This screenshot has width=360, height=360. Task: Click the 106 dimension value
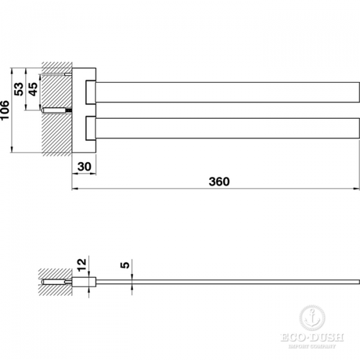click(x=5, y=110)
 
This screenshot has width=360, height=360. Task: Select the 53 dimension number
click(x=19, y=89)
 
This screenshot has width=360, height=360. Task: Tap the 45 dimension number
click(x=33, y=89)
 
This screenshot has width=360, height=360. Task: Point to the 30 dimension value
click(x=84, y=167)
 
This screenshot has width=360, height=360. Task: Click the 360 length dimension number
click(x=219, y=182)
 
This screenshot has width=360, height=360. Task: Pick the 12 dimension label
click(x=82, y=265)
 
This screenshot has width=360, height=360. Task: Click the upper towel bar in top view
click(x=227, y=92)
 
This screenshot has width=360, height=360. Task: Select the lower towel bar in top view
click(x=227, y=128)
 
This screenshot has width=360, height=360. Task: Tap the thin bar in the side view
click(x=227, y=282)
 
